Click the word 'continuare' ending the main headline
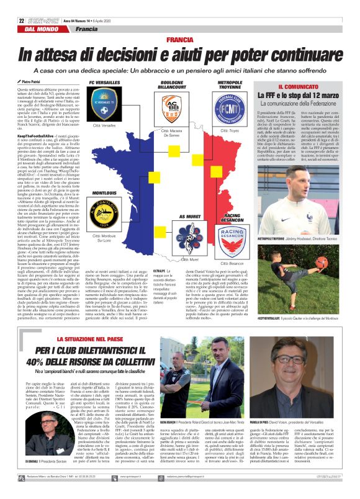pyautogui.click(x=304, y=55)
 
